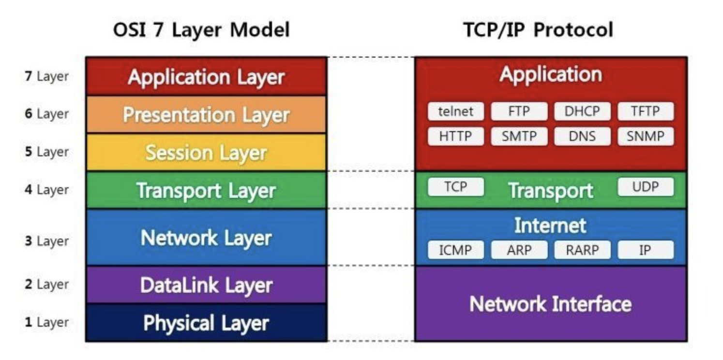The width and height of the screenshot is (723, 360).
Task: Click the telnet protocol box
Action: point(455,112)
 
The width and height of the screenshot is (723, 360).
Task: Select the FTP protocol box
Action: point(519,112)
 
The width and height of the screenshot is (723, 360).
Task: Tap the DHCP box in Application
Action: point(582,112)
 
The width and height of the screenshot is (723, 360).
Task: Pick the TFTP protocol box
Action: point(646,112)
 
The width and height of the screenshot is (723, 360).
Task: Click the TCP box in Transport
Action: point(455,187)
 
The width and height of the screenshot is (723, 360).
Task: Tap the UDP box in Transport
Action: point(646,187)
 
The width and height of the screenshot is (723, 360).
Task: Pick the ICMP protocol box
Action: point(455,250)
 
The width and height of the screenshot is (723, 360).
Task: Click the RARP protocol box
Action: point(582,250)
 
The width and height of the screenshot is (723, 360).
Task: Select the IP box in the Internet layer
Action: point(646,250)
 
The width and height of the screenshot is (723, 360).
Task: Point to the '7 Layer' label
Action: point(47,76)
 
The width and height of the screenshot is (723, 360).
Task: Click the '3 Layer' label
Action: point(47,241)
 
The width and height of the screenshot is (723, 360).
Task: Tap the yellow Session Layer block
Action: point(206,152)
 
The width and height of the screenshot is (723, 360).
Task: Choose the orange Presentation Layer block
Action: point(206,115)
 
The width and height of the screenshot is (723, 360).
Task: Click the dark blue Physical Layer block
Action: point(206,323)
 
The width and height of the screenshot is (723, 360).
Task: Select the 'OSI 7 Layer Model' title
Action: point(201,30)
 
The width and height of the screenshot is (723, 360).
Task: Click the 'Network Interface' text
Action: point(550,304)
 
